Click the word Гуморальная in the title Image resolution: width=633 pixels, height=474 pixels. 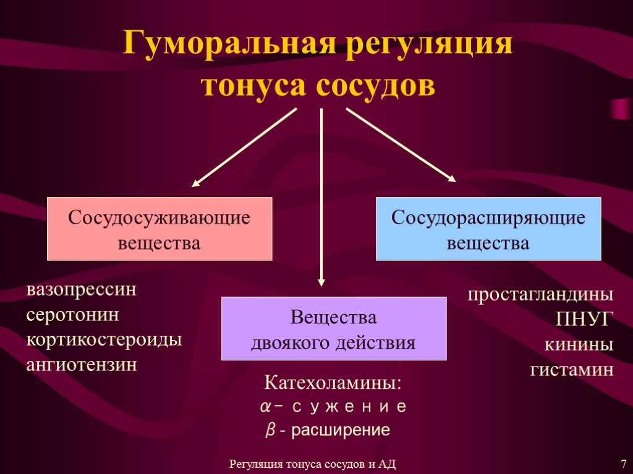pyautogui.click(x=226, y=45)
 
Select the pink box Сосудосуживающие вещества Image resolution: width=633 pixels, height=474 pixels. pyautogui.click(x=159, y=228)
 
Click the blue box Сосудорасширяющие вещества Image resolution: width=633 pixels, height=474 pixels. pyautogui.click(x=488, y=228)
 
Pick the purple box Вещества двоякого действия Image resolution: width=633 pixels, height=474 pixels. pyautogui.click(x=334, y=328)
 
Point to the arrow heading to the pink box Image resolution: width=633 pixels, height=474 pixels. pyautogui.click(x=244, y=148)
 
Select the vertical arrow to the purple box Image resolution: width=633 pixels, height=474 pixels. pyautogui.click(x=321, y=197)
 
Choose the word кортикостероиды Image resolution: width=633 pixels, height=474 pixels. pyautogui.click(x=104, y=340)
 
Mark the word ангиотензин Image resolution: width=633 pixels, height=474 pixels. pyautogui.click(x=81, y=365)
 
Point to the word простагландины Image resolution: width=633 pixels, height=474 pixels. pyautogui.click(x=540, y=294)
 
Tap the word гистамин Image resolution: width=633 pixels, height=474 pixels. pyautogui.click(x=572, y=370)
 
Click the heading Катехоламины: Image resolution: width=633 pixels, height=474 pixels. pyautogui.click(x=333, y=383)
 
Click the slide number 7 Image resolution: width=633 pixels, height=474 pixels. pyautogui.click(x=623, y=463)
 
